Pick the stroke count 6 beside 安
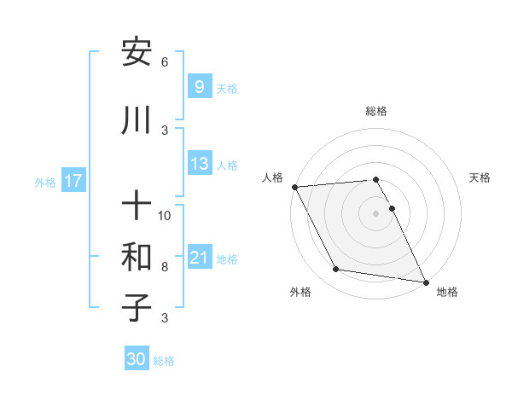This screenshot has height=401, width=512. pyautogui.click(x=165, y=62)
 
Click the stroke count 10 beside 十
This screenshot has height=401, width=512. pyautogui.click(x=165, y=215)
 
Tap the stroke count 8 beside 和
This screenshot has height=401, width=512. pyautogui.click(x=165, y=266)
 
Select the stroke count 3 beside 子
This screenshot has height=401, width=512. pyautogui.click(x=165, y=318)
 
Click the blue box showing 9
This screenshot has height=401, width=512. pyautogui.click(x=199, y=86)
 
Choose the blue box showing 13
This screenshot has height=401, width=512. pyautogui.click(x=199, y=164)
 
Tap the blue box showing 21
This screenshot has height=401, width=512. pyautogui.click(x=199, y=258)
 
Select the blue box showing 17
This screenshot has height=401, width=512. pyautogui.click(x=73, y=181)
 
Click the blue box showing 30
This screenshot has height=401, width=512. pyautogui.click(x=137, y=359)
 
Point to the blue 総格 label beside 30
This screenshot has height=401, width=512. pyautogui.click(x=164, y=361)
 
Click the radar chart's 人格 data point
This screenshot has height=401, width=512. pyautogui.click(x=294, y=186)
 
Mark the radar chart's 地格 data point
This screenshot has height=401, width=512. pyautogui.click(x=425, y=282)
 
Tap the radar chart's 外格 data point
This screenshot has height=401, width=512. pyautogui.click(x=336, y=270)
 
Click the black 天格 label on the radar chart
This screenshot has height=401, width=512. pyautogui.click(x=480, y=177)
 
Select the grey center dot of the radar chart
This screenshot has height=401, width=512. pyautogui.click(x=376, y=213)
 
